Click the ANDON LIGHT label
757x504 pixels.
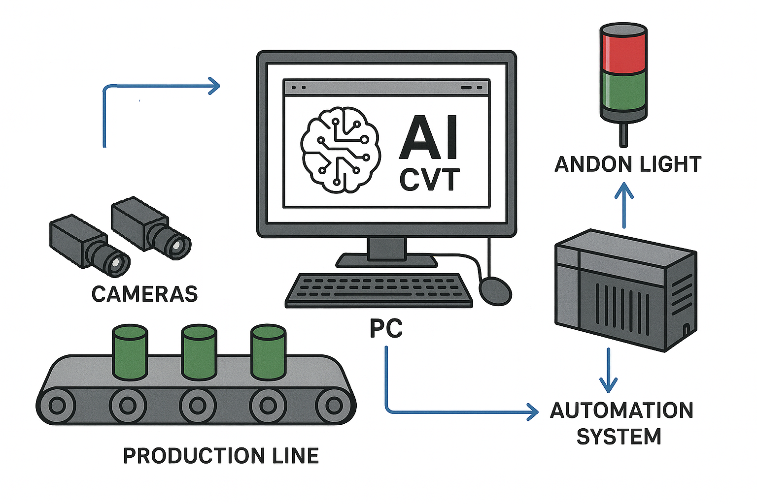pos(627,164)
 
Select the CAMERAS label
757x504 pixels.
pos(144,294)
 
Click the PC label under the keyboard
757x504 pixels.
pos(386,328)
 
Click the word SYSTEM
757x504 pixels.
pos(619,437)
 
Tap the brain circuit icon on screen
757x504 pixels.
pos(339,149)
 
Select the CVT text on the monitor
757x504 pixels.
pos(429,180)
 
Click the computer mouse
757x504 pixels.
pos(495,291)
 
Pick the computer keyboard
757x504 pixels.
pos(378,290)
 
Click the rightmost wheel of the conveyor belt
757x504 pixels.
pos(334,406)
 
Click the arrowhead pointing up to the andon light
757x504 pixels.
pos(624,189)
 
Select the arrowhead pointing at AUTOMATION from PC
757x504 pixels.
pos(533,412)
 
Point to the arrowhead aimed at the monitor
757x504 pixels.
pos(214,86)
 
